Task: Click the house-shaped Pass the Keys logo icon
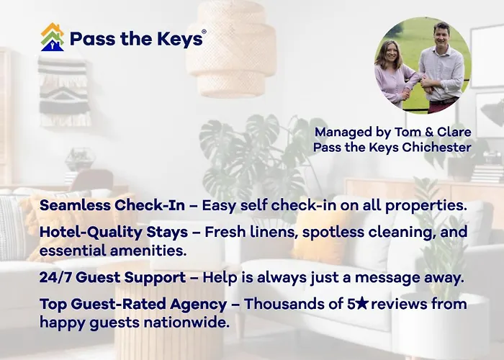point(53,37)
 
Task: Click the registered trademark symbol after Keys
point(204,32)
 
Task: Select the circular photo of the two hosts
point(423,66)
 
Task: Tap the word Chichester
point(436,147)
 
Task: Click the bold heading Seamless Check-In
point(112,205)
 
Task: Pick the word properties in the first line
point(426,206)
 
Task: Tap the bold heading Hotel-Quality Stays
point(114,232)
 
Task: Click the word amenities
point(148,251)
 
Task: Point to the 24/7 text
point(55,277)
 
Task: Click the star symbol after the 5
point(362,303)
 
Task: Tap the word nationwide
point(186,323)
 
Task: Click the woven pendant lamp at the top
point(231,49)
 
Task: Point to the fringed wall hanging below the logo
point(64,91)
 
